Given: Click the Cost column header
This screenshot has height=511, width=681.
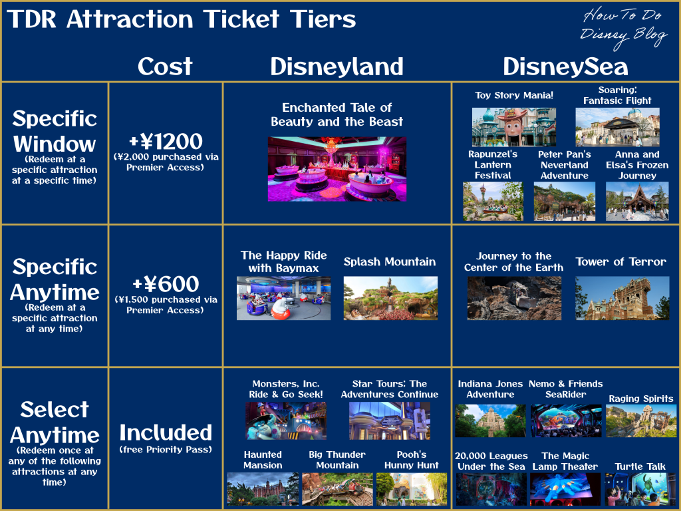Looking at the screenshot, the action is [165, 66].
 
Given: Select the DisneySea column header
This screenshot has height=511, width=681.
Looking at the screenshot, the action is [565, 67].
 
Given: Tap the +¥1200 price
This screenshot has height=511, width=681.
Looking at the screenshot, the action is [166, 141].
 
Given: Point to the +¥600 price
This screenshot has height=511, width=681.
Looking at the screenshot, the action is [166, 284].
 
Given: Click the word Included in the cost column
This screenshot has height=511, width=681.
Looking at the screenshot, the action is [166, 432].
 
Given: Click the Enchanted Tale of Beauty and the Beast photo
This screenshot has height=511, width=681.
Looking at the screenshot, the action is [337, 169].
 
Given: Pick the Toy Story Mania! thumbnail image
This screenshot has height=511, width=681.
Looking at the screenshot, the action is [514, 127].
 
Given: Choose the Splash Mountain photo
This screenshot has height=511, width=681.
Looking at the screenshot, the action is [390, 298].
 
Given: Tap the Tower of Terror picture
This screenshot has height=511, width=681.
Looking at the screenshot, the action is [622, 298].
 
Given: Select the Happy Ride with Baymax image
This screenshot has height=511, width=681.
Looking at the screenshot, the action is [283, 298].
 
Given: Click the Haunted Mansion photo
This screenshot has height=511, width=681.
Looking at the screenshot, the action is [263, 489].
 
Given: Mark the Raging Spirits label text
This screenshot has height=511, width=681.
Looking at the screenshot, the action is [640, 399].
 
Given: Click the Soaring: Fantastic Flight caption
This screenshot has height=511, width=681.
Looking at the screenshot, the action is [617, 95].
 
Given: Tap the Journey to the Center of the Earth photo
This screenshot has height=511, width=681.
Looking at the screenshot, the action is [514, 298].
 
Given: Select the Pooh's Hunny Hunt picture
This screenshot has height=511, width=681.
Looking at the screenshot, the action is [411, 489].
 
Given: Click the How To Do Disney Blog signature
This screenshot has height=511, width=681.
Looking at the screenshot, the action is [624, 26].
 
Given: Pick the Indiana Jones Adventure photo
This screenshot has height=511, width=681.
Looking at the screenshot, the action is [490, 421].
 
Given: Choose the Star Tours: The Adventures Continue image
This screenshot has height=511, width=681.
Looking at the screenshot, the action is [390, 421].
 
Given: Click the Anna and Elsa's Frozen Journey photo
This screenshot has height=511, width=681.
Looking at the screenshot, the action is [637, 201].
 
